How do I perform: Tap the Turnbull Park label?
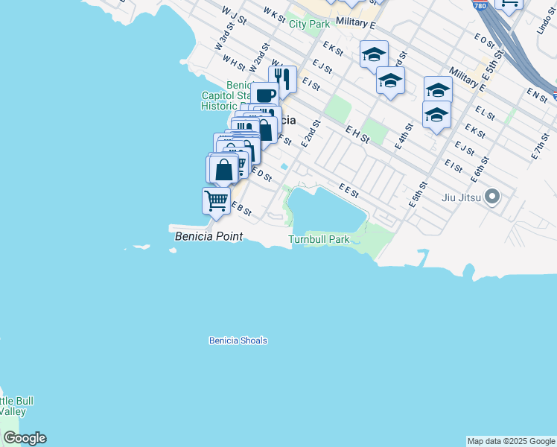pyautogui.click(x=319, y=240)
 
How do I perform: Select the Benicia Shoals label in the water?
pyautogui.click(x=238, y=340)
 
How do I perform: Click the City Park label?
pyautogui.click(x=309, y=24)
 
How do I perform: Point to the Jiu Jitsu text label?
pyautogui.click(x=459, y=197)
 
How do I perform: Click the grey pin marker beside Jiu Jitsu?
pyautogui.click(x=491, y=197)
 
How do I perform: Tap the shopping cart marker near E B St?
pyautogui.click(x=216, y=200)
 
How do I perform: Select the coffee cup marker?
pyautogui.click(x=265, y=95)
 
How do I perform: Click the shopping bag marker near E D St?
pyautogui.click(x=223, y=169)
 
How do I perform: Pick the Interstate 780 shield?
pyautogui.click(x=480, y=4)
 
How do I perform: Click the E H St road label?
pyautogui.click(x=357, y=133)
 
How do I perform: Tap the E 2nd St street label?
pyautogui.click(x=310, y=133)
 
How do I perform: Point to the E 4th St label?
pyautogui.click(x=403, y=138)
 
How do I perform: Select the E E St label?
pyautogui.click(x=348, y=191)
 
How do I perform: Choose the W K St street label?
pyautogui.click(x=274, y=14)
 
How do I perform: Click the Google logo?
pyautogui.click(x=25, y=438)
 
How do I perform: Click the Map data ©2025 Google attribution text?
pyautogui.click(x=511, y=441)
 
